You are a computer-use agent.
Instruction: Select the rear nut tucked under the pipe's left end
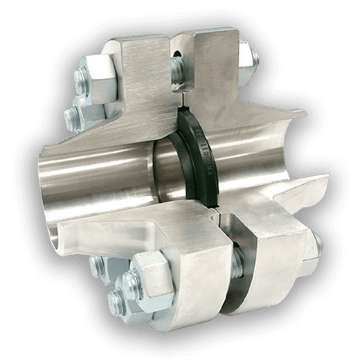[x=96, y=264]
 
